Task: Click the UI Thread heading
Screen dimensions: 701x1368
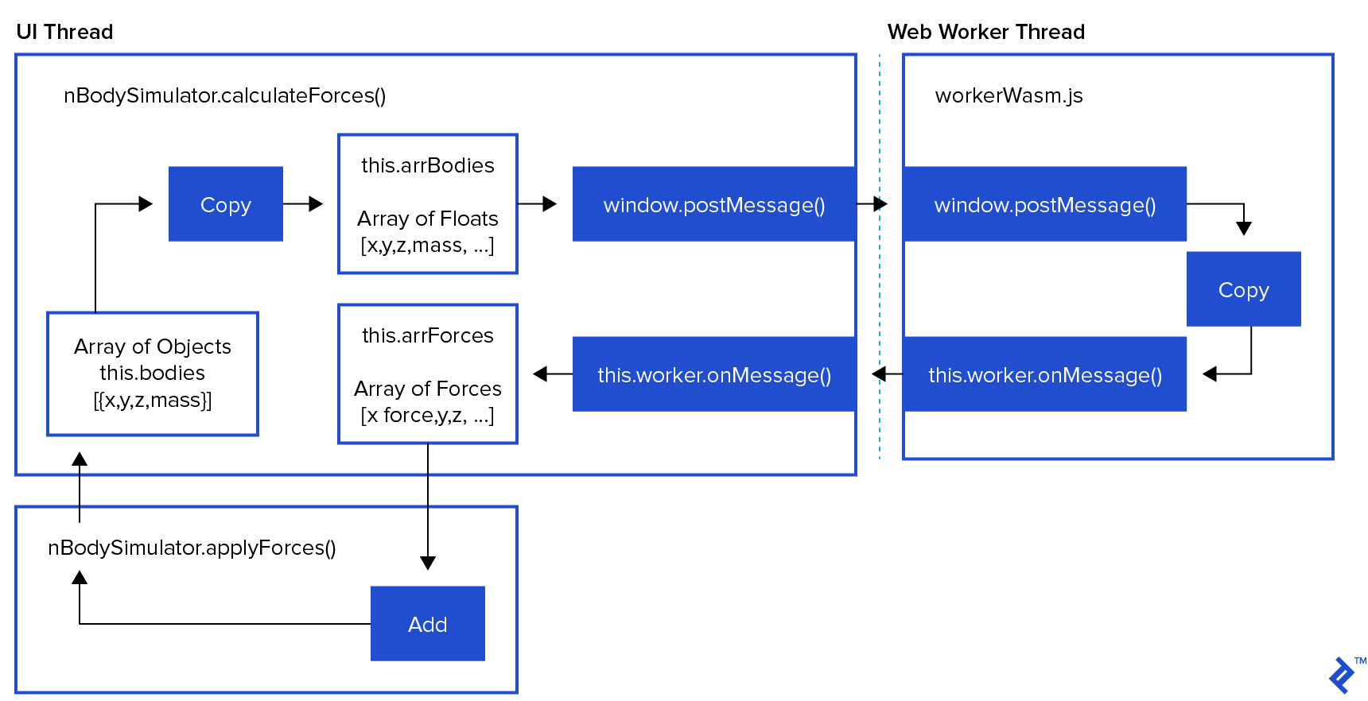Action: click(x=64, y=32)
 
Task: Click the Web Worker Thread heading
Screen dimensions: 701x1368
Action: click(x=985, y=32)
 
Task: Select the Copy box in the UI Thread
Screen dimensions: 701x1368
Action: click(x=226, y=204)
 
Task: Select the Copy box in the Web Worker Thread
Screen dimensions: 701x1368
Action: click(x=1243, y=289)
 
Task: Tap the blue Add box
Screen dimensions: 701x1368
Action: click(x=428, y=624)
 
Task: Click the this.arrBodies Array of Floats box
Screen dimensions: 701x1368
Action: click(x=428, y=204)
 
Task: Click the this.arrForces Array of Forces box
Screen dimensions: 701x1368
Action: click(x=428, y=374)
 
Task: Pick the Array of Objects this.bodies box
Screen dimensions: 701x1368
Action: click(x=153, y=374)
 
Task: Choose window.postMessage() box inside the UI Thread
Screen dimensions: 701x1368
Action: click(x=713, y=204)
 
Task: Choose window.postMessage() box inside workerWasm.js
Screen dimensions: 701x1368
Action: click(x=1044, y=204)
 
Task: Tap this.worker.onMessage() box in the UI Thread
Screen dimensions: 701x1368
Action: click(x=713, y=374)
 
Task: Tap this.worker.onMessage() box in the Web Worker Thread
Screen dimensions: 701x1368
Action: click(x=1044, y=374)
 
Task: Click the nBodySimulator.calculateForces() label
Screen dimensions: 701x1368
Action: click(x=225, y=95)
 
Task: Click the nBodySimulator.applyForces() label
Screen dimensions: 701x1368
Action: click(x=192, y=548)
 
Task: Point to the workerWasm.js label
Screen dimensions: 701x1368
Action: click(x=1009, y=95)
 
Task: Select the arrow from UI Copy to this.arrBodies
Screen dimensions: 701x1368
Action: click(x=303, y=204)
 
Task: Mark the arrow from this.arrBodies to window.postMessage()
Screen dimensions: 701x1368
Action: click(x=538, y=204)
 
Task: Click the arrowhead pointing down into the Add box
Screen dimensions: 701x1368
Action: click(x=428, y=563)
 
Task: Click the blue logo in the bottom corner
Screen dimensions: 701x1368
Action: click(x=1343, y=675)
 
